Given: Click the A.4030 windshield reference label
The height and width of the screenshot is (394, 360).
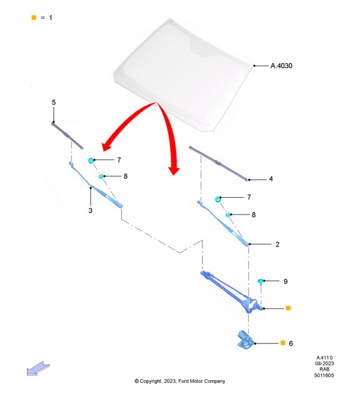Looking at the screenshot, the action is coord(281,66).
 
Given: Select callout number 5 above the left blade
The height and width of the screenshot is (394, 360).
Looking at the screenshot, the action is coord(54,103).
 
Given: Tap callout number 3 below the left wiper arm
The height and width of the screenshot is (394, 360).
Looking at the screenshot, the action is coord(91,210).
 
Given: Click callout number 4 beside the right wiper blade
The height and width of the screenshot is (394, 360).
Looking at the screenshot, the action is coord(271,179).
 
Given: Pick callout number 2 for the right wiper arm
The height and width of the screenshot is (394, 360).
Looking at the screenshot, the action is coord(277,245).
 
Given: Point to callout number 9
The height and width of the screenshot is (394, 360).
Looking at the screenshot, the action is coord(286,281).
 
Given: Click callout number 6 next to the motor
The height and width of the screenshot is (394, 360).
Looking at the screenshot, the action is coord(291,343).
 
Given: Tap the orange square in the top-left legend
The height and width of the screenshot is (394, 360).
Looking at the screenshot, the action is coord(34,18).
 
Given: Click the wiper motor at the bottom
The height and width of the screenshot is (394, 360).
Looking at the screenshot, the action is coord(246,340).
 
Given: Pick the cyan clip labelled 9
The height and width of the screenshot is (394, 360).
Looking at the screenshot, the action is coord(261,281).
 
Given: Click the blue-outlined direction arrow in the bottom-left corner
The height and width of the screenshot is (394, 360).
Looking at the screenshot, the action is coord(38,369).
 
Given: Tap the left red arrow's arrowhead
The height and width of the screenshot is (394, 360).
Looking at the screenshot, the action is coord(107,146).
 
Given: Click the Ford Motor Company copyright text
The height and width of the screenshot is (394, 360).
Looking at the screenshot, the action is coord(180,381).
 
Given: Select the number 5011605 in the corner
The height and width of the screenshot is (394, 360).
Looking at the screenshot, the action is coord(324,375).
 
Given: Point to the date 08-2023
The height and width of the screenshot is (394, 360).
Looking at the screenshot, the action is coord(324,363).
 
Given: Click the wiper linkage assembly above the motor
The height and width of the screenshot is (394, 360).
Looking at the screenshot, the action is coord(231,291).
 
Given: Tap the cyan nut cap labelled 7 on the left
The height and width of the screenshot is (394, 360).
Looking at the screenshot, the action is coord(91,160).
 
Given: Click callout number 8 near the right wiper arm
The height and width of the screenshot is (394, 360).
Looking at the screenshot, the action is coord(254,215).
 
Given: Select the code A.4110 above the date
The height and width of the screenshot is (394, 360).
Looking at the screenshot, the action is coord(324,358).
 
